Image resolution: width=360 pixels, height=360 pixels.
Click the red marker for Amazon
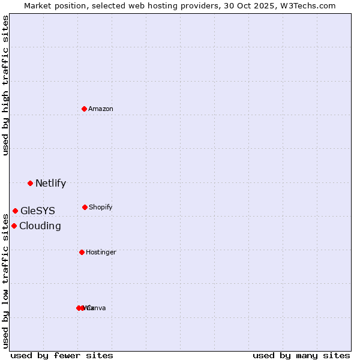click(85, 109)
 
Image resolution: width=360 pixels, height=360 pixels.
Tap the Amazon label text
click(101, 109)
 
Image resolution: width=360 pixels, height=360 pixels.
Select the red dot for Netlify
click(30, 183)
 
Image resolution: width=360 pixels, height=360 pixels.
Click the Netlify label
click(50, 184)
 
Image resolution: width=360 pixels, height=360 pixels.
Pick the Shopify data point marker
click(85, 207)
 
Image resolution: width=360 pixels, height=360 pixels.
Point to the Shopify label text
click(101, 208)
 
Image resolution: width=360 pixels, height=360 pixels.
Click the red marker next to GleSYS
click(15, 211)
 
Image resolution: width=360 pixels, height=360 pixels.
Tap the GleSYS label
click(37, 211)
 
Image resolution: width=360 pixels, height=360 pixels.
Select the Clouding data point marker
click(14, 226)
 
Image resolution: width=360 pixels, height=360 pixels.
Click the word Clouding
click(40, 226)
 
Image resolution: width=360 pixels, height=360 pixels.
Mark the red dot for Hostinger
click(82, 252)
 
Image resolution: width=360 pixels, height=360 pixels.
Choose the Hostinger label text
click(101, 253)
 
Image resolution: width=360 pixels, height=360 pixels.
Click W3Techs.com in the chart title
click(309, 5)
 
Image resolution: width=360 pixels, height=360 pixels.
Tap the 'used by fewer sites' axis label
click(62, 355)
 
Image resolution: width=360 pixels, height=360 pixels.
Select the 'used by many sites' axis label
click(301, 355)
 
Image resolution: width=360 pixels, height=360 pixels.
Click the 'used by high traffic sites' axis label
click(5, 85)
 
